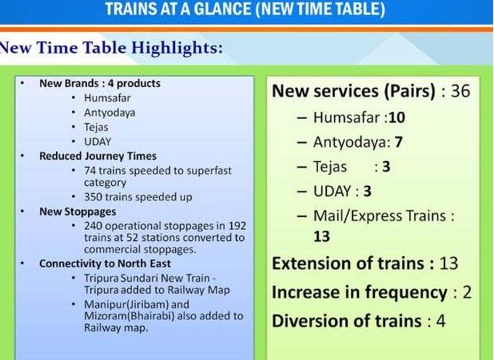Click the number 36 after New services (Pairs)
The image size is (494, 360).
pyautogui.click(x=461, y=91)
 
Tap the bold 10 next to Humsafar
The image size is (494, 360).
pyautogui.click(x=397, y=118)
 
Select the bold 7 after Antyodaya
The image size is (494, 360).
pyautogui.click(x=399, y=142)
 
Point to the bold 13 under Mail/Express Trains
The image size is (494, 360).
pyautogui.click(x=322, y=237)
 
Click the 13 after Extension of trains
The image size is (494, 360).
pyautogui.click(x=449, y=263)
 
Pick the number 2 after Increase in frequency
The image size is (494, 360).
pyautogui.click(x=467, y=292)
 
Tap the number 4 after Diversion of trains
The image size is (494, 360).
pyautogui.click(x=441, y=321)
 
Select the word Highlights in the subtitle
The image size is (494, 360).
pyautogui.click(x=177, y=48)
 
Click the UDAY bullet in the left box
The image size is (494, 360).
pyautogui.click(x=97, y=142)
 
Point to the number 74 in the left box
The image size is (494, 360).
pyautogui.click(x=90, y=171)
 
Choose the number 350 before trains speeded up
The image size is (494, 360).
pyautogui.click(x=93, y=197)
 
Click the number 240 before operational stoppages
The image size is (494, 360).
pyautogui.click(x=93, y=226)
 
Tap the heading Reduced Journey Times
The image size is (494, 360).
pyautogui.click(x=97, y=156)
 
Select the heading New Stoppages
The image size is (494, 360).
pyautogui.click(x=78, y=211)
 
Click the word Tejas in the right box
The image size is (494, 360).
pyautogui.click(x=330, y=167)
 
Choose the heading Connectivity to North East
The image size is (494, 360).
pyautogui.click(x=105, y=263)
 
